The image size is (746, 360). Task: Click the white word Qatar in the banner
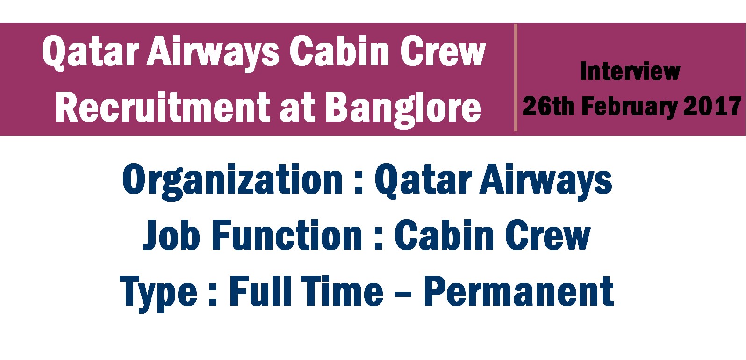90,53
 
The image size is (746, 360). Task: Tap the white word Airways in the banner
213,53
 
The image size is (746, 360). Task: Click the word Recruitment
163,107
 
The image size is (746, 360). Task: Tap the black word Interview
630,71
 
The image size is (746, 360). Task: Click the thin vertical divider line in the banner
516,78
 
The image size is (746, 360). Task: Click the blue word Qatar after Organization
423,180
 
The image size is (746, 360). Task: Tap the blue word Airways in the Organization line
545,181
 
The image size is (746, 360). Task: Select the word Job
171,235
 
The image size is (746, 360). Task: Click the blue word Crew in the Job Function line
548,235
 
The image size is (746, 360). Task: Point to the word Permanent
518,292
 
